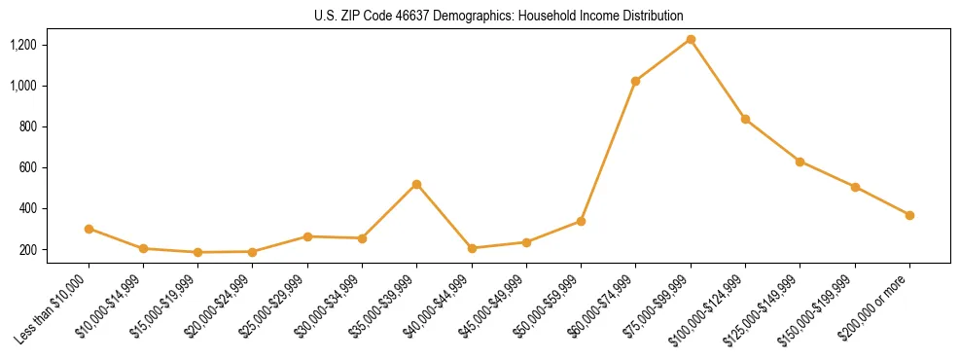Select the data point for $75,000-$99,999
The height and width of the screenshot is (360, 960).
[x=691, y=39]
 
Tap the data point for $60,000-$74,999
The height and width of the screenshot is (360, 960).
[x=635, y=81]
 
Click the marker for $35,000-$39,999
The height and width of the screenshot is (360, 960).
[x=416, y=184]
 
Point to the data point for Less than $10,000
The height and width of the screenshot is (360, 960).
[x=89, y=229]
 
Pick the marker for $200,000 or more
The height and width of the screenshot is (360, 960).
[x=909, y=215]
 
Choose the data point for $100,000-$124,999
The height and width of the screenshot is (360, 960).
[x=745, y=119]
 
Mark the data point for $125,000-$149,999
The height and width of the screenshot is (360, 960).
[x=800, y=162]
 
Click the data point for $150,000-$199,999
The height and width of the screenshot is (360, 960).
[x=855, y=187]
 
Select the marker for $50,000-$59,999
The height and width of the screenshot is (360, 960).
[x=581, y=221]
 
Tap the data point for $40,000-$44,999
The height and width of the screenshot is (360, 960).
[x=472, y=248]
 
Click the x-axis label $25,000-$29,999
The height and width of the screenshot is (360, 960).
[x=278, y=307]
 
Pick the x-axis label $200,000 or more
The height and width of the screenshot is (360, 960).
[x=881, y=307]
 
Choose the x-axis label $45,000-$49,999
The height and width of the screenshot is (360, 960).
[x=497, y=307]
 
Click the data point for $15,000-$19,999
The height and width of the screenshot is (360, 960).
[x=197, y=252]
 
